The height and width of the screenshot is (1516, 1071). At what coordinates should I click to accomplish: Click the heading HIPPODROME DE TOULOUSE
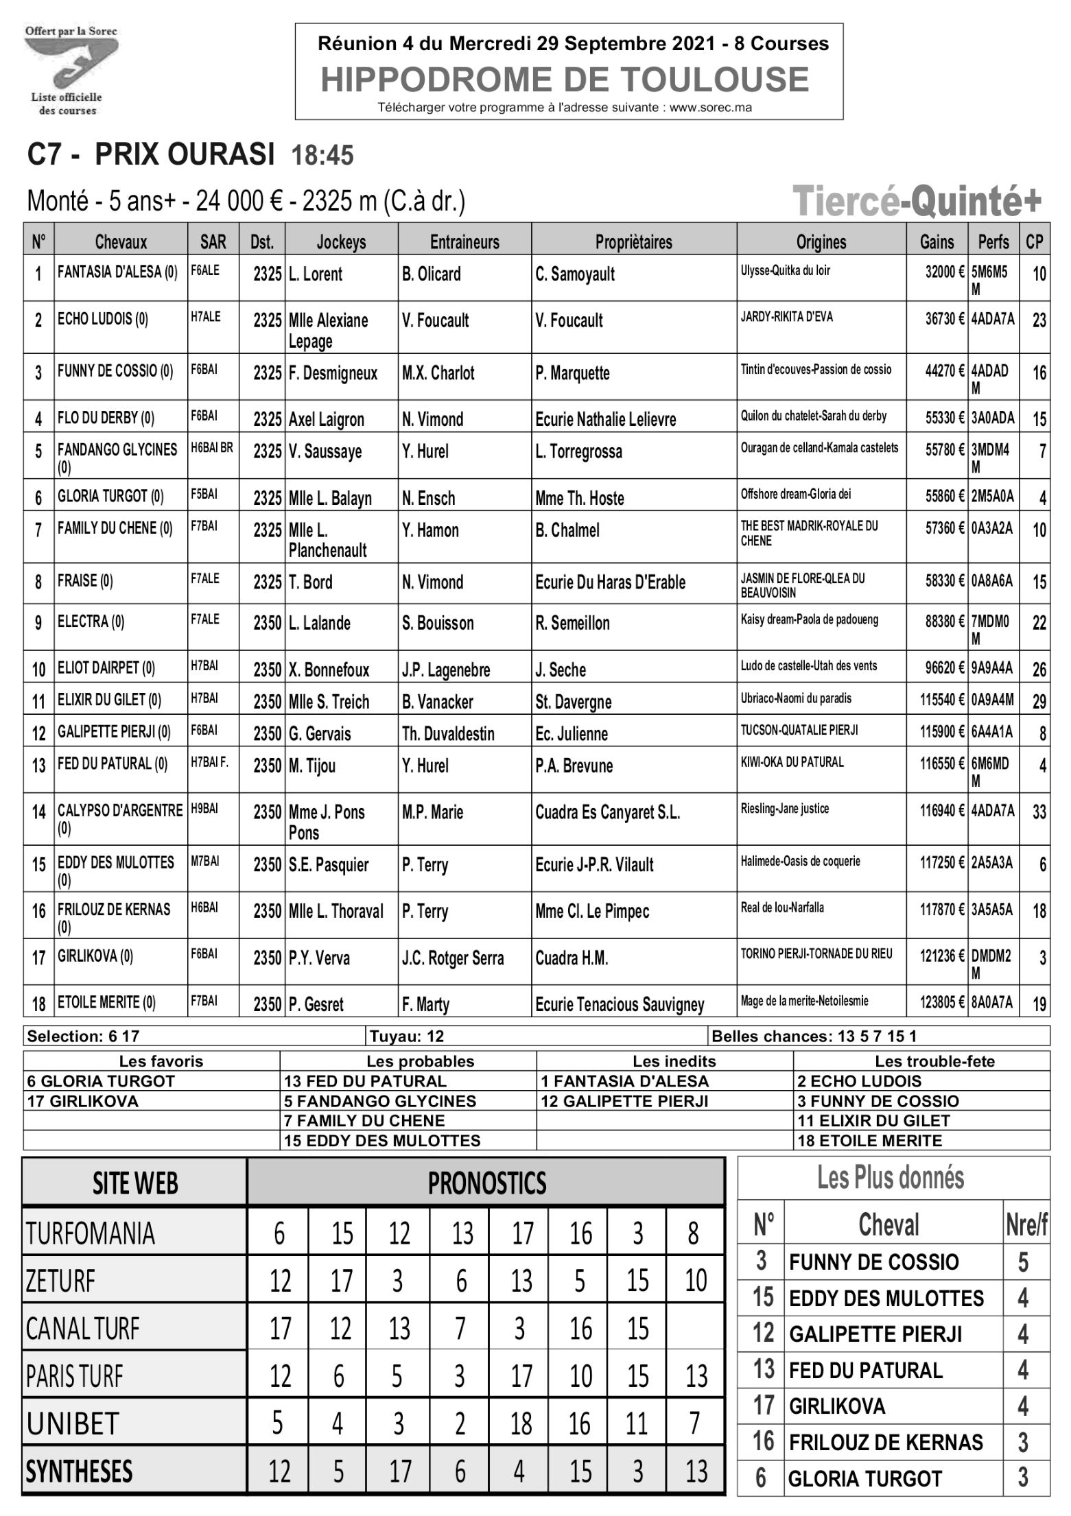click(x=565, y=80)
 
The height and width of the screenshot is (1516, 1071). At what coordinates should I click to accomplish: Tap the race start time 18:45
click(x=322, y=156)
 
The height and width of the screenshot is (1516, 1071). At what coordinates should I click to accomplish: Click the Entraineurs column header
click(x=464, y=242)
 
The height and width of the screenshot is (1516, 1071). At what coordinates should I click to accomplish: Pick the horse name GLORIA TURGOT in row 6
click(x=110, y=496)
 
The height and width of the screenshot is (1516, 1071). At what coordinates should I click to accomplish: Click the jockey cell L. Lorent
click(x=315, y=274)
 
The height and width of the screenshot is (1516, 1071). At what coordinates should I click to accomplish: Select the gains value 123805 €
click(x=942, y=1002)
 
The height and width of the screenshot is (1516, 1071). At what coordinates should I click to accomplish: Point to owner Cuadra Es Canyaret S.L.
click(x=607, y=812)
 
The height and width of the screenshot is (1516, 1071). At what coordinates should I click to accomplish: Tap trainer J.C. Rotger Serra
click(x=452, y=958)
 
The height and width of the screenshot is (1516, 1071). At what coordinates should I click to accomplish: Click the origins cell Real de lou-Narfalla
click(x=781, y=908)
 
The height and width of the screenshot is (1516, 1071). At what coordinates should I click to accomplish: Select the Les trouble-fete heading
click(x=934, y=1061)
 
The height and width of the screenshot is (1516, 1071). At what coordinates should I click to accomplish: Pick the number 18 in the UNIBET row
click(x=521, y=1423)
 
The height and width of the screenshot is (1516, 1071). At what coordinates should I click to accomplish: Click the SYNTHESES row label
click(x=79, y=1471)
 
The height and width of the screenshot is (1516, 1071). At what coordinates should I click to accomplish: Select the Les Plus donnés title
click(x=890, y=1177)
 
